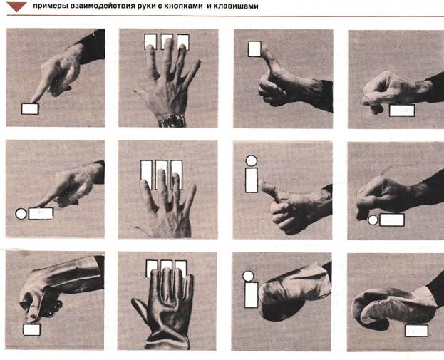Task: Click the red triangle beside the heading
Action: coord(16,6)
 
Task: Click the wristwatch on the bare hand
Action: coord(172,120)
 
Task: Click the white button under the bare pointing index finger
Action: coord(30,109)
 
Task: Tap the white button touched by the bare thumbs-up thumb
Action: coord(254,49)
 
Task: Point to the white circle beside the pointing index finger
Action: coord(21,214)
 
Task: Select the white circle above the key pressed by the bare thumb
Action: coord(251,161)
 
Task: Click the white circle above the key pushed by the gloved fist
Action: coord(248,276)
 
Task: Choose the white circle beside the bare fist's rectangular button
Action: coord(373,220)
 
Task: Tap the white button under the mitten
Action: coord(416,331)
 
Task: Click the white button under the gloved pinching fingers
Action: coord(31,329)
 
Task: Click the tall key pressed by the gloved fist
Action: coord(251,295)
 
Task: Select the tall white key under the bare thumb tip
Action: coord(251,180)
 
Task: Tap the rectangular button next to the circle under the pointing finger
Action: coord(41,214)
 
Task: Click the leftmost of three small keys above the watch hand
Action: coord(150,41)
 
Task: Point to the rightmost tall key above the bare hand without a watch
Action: coord(177,175)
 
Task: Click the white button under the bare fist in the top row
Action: coord(402,110)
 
